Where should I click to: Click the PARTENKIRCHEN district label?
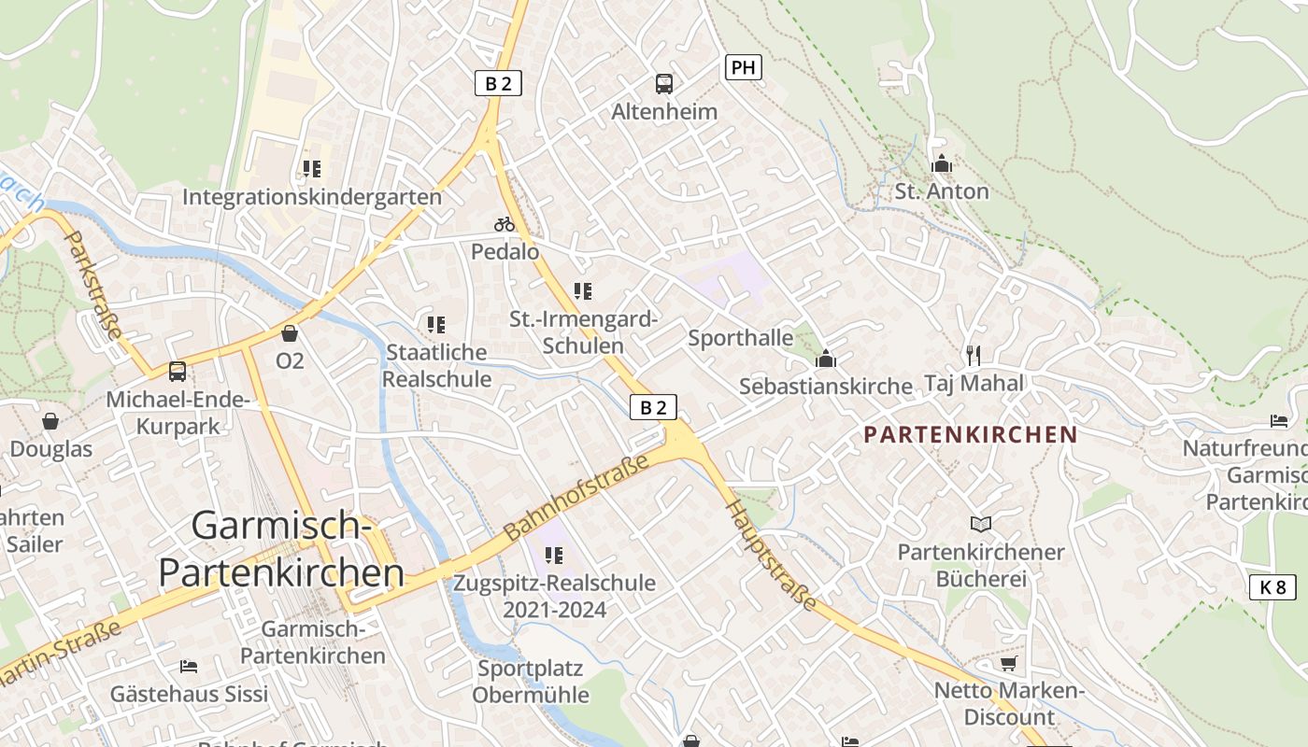pyautogui.click(x=971, y=434)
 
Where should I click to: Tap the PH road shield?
pyautogui.click(x=743, y=67)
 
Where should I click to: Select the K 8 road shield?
pyautogui.click(x=1272, y=587)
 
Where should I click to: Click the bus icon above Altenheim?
pyautogui.click(x=663, y=84)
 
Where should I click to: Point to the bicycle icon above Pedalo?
pyautogui.click(x=505, y=224)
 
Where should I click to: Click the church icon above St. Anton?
pyautogui.click(x=941, y=164)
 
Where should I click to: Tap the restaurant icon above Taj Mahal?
pyautogui.click(x=974, y=355)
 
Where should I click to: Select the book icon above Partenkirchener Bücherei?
pyautogui.click(x=980, y=524)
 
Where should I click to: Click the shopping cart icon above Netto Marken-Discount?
pyautogui.click(x=1008, y=664)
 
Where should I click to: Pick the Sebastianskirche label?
pyautogui.click(x=826, y=386)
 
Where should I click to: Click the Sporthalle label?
pyautogui.click(x=741, y=338)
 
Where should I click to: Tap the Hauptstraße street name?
pyautogui.click(x=772, y=555)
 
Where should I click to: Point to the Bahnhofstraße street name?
pyautogui.click(x=576, y=497)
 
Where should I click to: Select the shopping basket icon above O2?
pyautogui.click(x=290, y=333)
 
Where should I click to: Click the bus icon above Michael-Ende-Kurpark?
pyautogui.click(x=178, y=372)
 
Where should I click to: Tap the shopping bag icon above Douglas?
pyautogui.click(x=50, y=421)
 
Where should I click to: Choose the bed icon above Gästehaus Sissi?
pyautogui.click(x=189, y=667)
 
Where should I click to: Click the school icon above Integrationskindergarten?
pyautogui.click(x=311, y=169)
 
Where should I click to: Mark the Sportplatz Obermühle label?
pyautogui.click(x=531, y=682)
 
